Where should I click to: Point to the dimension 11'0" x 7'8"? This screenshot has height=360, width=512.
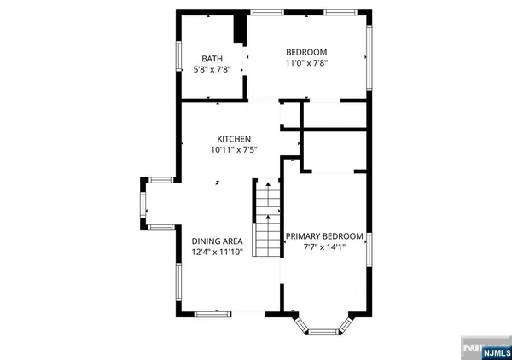305,62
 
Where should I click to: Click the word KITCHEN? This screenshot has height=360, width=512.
234,138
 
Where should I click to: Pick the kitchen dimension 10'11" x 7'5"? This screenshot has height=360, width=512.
234,150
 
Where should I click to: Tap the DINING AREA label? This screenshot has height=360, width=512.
216,240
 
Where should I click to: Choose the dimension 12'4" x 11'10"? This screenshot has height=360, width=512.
216,252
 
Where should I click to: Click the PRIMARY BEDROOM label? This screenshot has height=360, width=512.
324,236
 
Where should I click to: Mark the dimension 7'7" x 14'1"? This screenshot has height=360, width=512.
324,248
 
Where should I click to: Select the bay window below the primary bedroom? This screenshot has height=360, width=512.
323,327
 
